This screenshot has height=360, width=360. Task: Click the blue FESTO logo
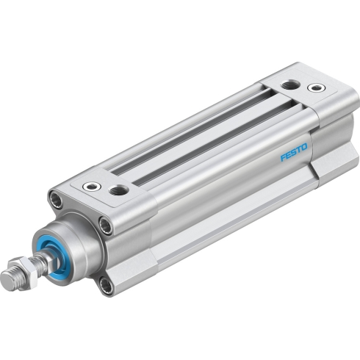(294, 152)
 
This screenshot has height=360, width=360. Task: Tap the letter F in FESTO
(283, 157)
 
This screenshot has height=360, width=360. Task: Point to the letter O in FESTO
(303, 148)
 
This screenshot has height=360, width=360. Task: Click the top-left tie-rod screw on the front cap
(56, 200)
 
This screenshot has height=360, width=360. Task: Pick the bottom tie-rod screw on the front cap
(107, 286)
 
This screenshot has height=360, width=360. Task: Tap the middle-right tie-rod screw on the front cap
(106, 226)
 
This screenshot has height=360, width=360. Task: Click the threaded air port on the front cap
(118, 190)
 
